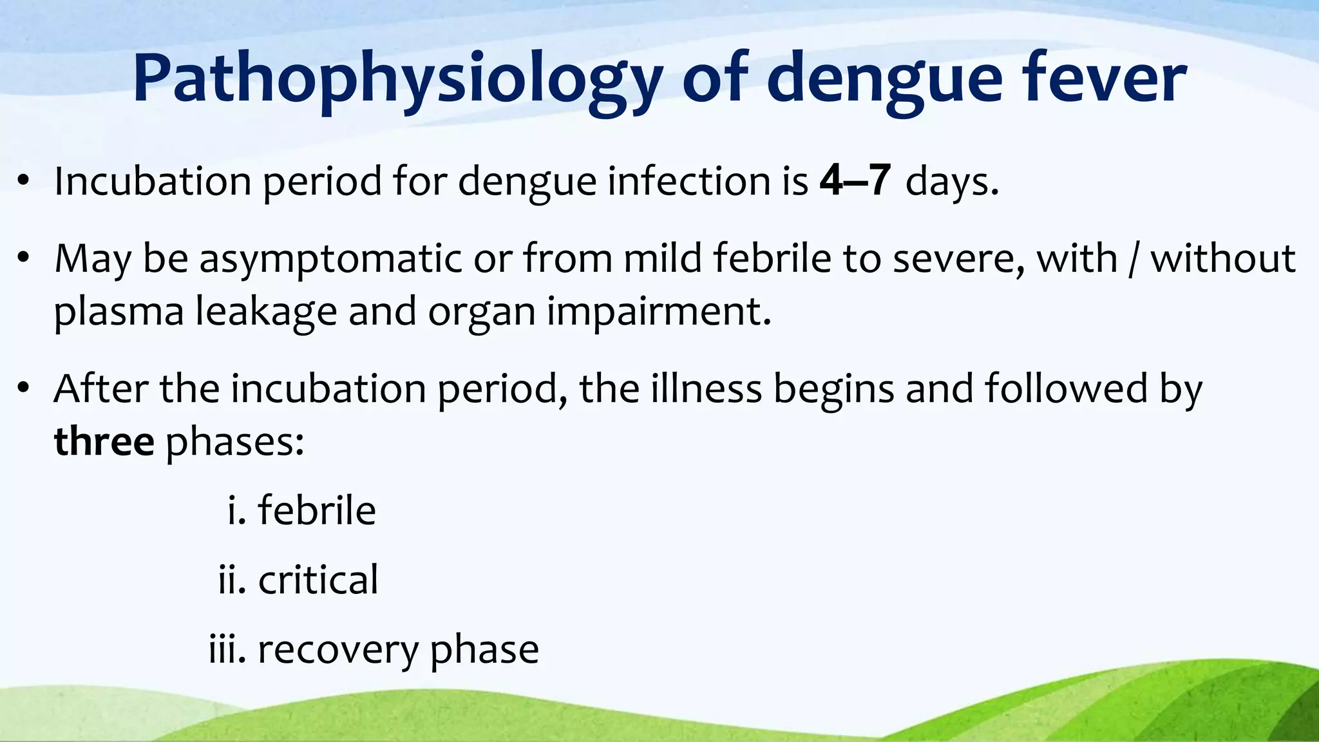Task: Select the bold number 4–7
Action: click(x=855, y=181)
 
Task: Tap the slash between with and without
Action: click(x=1134, y=260)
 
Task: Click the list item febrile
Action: click(x=316, y=511)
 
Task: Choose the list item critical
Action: click(x=318, y=580)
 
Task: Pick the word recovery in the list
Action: click(x=337, y=649)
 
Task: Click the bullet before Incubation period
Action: click(x=24, y=182)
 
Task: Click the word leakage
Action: click(x=266, y=312)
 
